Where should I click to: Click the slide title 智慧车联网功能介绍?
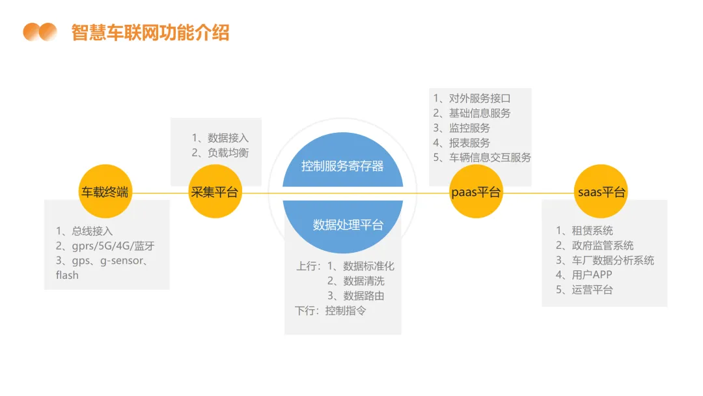tap(150, 33)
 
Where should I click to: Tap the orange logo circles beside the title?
tap(40, 32)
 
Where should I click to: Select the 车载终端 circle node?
tap(104, 192)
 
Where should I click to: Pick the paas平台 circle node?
tap(476, 192)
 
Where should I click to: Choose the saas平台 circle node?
tap(601, 192)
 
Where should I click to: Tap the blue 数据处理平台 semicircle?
tap(348, 225)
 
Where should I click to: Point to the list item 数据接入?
tap(228, 138)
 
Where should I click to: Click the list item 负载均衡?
tap(228, 153)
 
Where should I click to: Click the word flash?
tap(67, 275)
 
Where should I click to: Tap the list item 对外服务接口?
tap(480, 98)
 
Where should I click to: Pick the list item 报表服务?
tap(469, 143)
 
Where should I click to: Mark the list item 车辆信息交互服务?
tap(489, 158)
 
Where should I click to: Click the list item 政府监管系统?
tap(602, 246)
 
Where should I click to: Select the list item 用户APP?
tap(592, 275)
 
